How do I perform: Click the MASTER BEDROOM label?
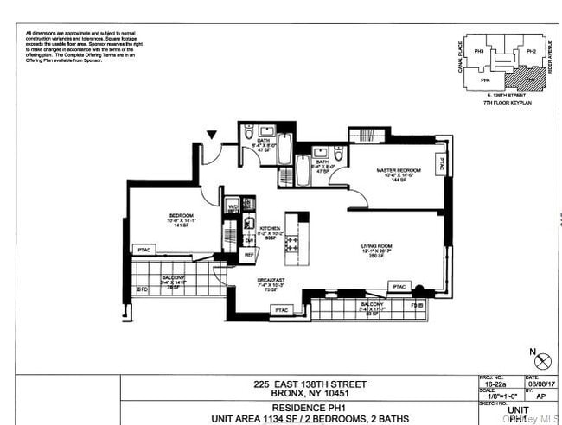click(x=398, y=170)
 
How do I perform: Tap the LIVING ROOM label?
click(x=377, y=246)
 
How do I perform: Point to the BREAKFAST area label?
click(x=271, y=281)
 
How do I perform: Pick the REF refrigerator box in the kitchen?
click(x=249, y=254)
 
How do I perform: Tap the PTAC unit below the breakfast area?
click(x=282, y=308)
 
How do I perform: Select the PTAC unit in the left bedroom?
click(x=144, y=250)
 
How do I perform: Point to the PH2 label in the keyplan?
click(x=531, y=51)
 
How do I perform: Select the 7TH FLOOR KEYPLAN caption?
click(x=507, y=101)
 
